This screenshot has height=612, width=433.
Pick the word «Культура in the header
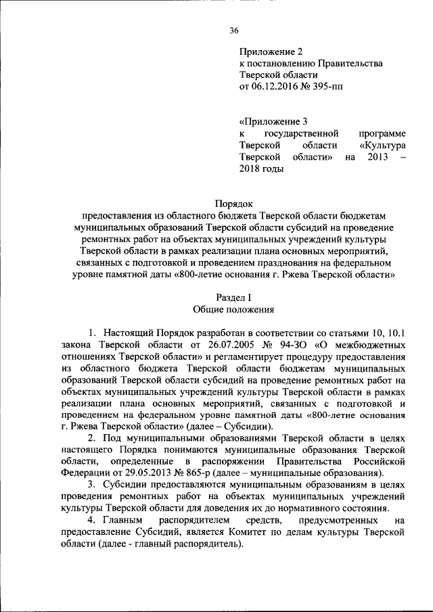click(382, 145)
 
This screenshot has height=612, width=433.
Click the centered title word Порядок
click(234, 202)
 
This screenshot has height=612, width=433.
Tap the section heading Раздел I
click(234, 298)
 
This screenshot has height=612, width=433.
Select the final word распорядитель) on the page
click(208, 544)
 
